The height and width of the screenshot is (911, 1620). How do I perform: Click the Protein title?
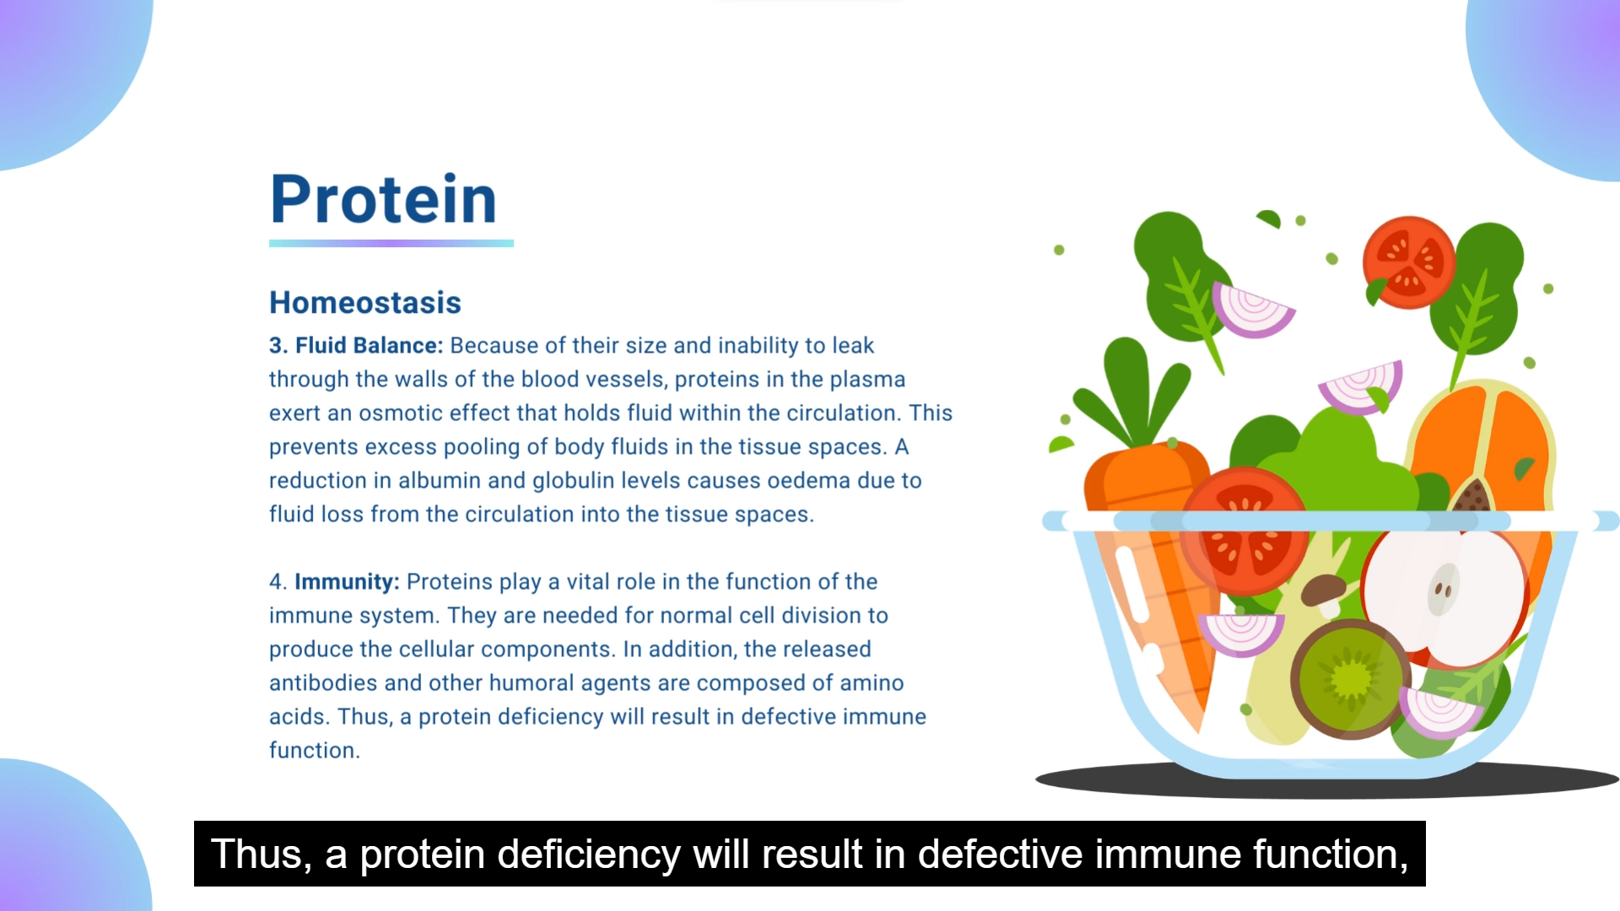coord(384,200)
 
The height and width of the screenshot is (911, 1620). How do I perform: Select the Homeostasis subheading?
coord(365,303)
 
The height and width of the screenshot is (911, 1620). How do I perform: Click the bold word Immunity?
coord(347,582)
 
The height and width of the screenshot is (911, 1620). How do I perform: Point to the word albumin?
coord(440,481)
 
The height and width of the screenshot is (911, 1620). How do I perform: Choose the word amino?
coord(872,683)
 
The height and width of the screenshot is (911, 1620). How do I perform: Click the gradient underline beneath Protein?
coord(391,244)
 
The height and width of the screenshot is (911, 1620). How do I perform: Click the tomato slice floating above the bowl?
coord(1408,262)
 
